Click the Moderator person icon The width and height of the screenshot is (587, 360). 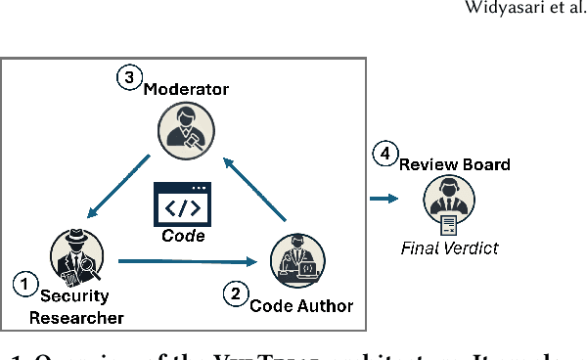tap(185, 127)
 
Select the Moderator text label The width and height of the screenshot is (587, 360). tap(186, 90)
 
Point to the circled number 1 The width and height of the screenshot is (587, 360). tap(23, 285)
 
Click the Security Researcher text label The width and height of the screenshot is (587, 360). tap(75, 307)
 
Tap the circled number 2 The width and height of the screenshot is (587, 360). tap(235, 292)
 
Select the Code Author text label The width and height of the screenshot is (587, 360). tap(301, 305)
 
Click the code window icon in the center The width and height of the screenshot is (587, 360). tap(184, 205)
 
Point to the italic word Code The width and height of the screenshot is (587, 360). tap(184, 236)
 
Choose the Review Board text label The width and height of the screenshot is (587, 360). tap(454, 164)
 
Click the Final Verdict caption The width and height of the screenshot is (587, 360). tap(449, 247)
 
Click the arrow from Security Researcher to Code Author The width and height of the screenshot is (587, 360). tap(186, 261)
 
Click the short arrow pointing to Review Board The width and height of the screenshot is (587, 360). tap(384, 199)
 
